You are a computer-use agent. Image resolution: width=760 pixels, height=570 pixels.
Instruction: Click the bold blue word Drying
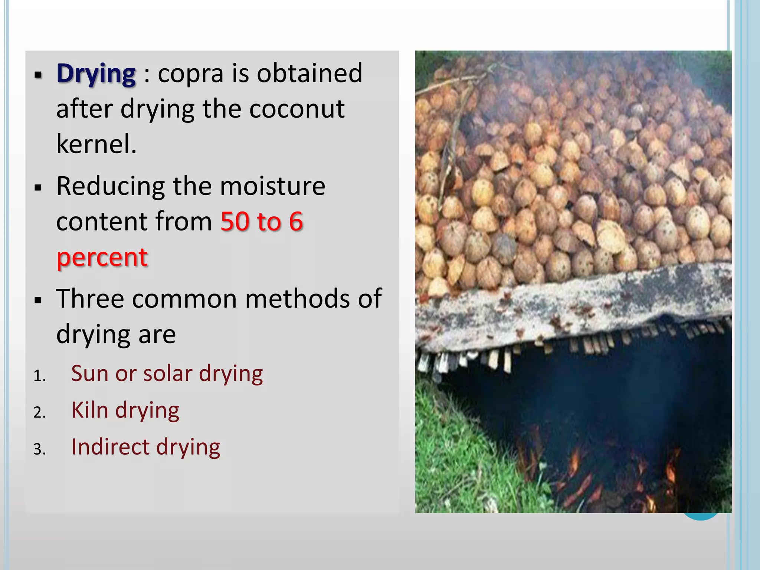(96, 74)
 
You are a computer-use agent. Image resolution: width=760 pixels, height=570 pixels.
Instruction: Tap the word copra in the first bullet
(191, 74)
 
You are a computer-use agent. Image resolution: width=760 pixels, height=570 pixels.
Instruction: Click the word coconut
(297, 109)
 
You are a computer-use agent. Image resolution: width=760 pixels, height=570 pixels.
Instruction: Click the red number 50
(235, 222)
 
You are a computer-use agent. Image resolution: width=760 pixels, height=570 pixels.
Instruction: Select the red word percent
(102, 257)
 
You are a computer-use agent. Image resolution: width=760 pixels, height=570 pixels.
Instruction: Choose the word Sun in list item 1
(89, 373)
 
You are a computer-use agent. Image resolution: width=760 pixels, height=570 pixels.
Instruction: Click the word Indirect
(110, 446)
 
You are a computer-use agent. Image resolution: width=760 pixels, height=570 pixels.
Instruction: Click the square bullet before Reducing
(37, 188)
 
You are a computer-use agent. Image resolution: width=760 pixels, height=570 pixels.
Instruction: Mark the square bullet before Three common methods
(37, 300)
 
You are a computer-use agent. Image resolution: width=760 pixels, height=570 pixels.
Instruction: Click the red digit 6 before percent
(296, 222)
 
